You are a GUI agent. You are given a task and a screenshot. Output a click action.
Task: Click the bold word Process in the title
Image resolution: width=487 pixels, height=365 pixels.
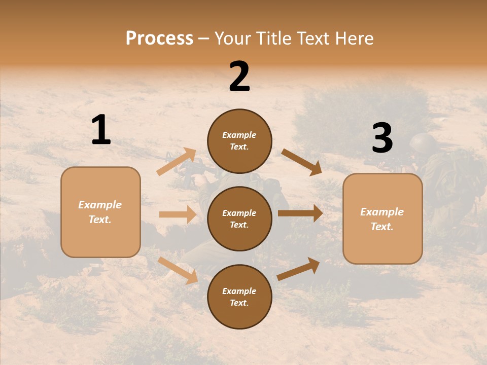click(159, 39)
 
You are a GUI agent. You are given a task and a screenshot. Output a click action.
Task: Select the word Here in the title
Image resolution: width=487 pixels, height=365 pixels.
click(353, 39)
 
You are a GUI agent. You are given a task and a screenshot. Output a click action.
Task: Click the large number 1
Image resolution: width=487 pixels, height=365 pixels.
click(101, 130)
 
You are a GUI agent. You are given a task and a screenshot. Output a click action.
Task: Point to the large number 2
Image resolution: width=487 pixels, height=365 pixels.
click(239, 77)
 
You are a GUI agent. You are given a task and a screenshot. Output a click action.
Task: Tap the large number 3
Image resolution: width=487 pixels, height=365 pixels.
click(382, 138)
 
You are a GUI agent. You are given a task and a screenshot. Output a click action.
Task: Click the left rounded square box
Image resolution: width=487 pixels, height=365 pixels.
click(100, 212)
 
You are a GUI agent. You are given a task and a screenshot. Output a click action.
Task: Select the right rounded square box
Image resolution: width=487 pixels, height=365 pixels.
click(382, 218)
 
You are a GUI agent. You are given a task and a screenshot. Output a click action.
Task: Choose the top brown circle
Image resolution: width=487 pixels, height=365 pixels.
click(239, 141)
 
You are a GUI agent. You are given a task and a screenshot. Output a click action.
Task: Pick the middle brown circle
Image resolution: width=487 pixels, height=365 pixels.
click(239, 218)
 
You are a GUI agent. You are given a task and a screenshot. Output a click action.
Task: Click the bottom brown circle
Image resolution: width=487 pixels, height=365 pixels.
click(239, 297)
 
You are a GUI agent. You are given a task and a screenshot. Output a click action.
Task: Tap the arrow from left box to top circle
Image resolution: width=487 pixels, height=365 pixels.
click(177, 161)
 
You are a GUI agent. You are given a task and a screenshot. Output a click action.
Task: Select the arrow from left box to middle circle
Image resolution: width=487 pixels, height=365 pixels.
click(178, 214)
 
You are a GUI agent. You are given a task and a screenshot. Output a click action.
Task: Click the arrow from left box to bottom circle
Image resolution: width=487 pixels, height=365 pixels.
click(178, 270)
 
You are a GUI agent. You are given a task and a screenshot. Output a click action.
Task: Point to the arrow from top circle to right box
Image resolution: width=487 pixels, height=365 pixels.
click(301, 162)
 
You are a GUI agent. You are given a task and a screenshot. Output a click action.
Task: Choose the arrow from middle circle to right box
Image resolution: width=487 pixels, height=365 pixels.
click(300, 213)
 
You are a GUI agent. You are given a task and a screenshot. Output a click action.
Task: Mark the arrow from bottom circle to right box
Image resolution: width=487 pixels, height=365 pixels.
click(298, 269)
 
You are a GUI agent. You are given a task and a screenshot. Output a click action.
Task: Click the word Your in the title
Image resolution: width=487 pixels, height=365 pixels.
click(233, 39)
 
